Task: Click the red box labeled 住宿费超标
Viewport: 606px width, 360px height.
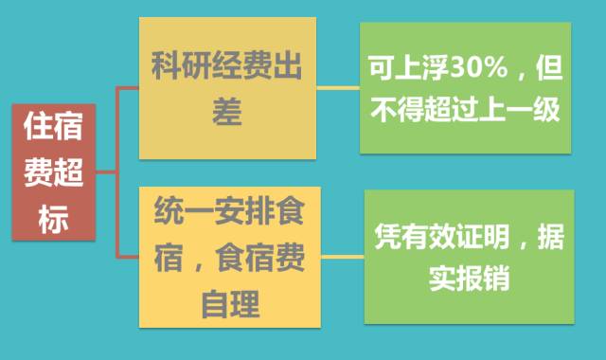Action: click(53, 172)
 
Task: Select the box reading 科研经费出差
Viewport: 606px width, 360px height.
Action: click(227, 90)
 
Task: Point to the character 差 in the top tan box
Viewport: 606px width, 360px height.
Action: click(227, 114)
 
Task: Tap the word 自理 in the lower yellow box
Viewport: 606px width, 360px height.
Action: click(227, 305)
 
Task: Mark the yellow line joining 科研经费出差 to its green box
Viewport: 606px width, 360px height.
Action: click(337, 89)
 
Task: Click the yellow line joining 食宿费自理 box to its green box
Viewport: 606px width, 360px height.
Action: click(342, 255)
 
